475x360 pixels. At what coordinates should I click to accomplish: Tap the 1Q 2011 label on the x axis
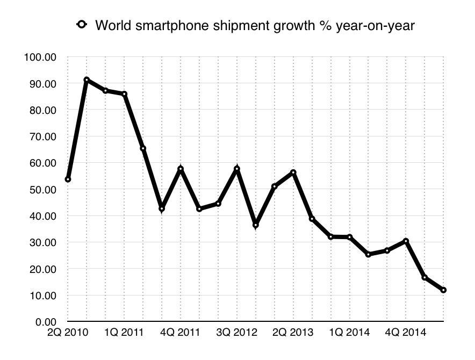(124, 333)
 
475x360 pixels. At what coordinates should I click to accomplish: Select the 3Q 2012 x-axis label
(236, 333)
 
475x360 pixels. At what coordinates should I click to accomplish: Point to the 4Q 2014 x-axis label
(406, 333)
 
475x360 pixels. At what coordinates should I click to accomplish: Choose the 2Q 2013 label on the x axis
(293, 333)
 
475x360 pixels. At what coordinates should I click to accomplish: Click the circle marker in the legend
(82, 24)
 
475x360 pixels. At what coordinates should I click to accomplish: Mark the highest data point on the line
(87, 80)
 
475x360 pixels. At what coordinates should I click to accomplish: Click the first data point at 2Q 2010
(68, 179)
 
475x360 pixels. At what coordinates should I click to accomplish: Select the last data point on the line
(443, 290)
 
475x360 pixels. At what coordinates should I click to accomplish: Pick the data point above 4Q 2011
(181, 169)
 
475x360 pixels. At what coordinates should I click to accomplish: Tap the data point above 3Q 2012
(237, 169)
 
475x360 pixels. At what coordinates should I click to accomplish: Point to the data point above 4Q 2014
(406, 241)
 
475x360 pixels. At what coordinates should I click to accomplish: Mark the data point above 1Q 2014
(349, 237)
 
